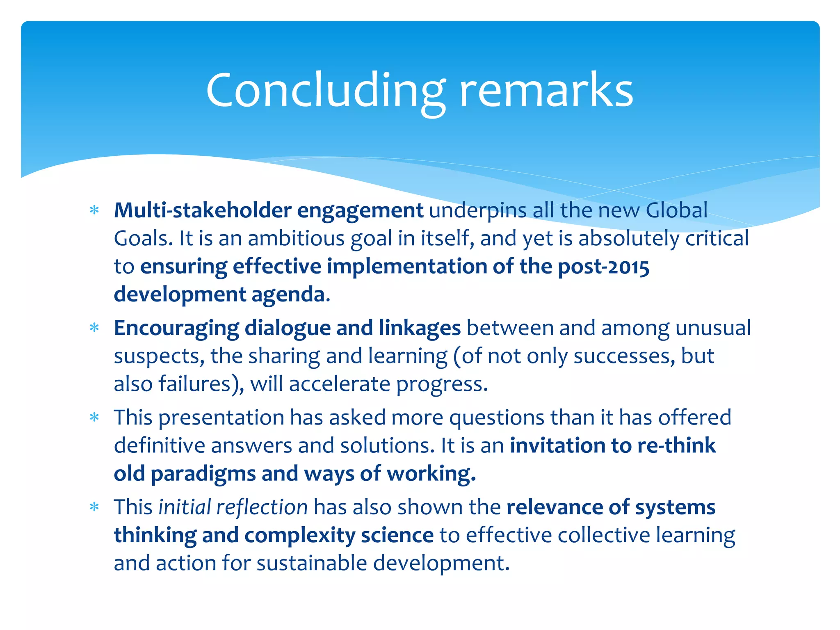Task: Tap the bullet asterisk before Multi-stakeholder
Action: (x=95, y=210)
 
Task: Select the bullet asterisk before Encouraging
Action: (x=95, y=328)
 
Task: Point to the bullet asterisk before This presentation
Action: (x=95, y=418)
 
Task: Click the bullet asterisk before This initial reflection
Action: (x=95, y=507)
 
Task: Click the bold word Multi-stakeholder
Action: (x=203, y=210)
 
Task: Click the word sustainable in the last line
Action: (x=312, y=563)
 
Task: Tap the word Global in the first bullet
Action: (x=676, y=210)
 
